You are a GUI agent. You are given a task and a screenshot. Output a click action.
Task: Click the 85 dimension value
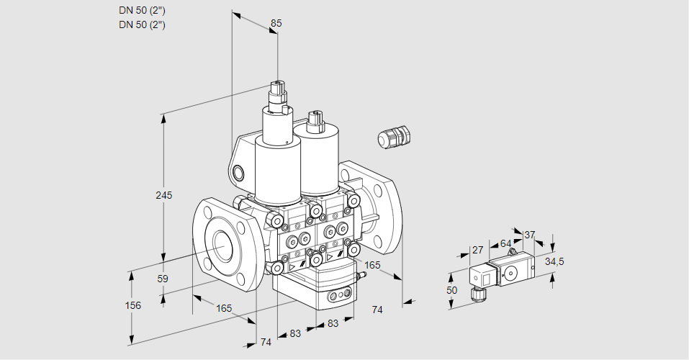coord(276,23)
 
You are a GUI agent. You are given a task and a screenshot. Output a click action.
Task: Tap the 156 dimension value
coord(132,305)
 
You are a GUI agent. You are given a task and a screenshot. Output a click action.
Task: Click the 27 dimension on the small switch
coord(477,251)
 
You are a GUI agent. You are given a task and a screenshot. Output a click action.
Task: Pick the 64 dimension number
coord(505,243)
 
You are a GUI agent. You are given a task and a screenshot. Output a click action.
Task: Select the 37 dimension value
coord(529,235)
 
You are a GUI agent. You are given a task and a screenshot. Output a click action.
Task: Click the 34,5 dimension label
coord(554,261)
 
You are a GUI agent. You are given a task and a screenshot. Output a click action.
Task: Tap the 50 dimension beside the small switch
coord(451,290)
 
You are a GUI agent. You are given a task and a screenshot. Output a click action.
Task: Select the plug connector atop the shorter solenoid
coord(314,122)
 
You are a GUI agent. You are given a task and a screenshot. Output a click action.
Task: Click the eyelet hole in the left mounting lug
coord(238,172)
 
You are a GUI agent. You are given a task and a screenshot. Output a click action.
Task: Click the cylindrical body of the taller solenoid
coord(276,169)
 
